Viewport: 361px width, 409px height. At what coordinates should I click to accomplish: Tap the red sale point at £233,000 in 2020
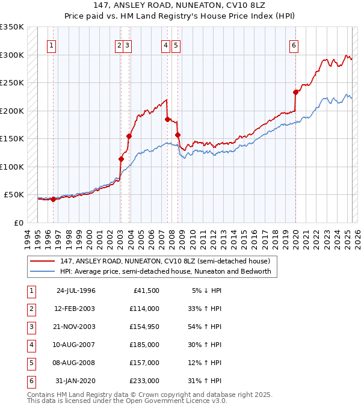[295, 92]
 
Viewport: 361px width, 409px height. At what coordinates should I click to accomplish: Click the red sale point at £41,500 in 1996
[53, 199]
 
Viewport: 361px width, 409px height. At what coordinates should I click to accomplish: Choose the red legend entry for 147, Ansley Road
[168, 261]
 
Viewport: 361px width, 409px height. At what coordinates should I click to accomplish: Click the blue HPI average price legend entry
[165, 271]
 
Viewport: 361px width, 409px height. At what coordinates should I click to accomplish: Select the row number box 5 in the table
[31, 363]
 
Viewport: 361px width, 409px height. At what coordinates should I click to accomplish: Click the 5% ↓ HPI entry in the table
[207, 291]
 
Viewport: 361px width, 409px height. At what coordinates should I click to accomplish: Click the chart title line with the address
[180, 7]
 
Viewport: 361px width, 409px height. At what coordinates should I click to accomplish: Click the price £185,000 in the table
[144, 345]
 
